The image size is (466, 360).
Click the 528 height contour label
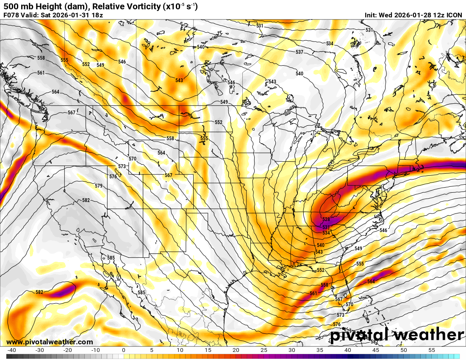click(x=326, y=219)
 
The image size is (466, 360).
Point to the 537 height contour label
click(x=300, y=52)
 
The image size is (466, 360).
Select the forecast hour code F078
click(x=11, y=15)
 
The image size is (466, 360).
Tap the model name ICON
click(x=455, y=15)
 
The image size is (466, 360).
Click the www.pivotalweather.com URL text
click(x=50, y=342)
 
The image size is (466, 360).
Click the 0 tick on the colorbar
click(x=123, y=350)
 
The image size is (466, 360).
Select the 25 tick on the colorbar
click(x=264, y=350)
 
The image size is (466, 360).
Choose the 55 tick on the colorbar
click(x=432, y=350)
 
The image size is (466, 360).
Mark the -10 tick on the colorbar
click(x=95, y=350)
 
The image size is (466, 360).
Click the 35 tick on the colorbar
click(x=320, y=350)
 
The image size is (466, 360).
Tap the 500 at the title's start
click(x=11, y=6)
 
